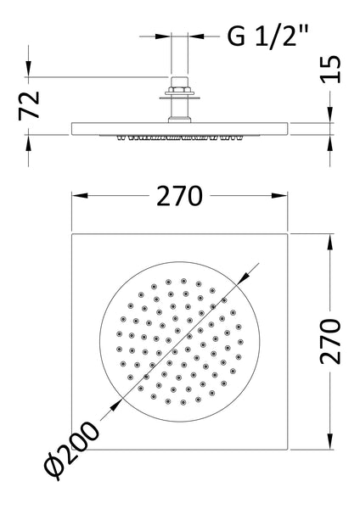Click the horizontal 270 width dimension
click(179, 196)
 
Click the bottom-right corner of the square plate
click(289, 449)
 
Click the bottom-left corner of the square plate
click(71, 449)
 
